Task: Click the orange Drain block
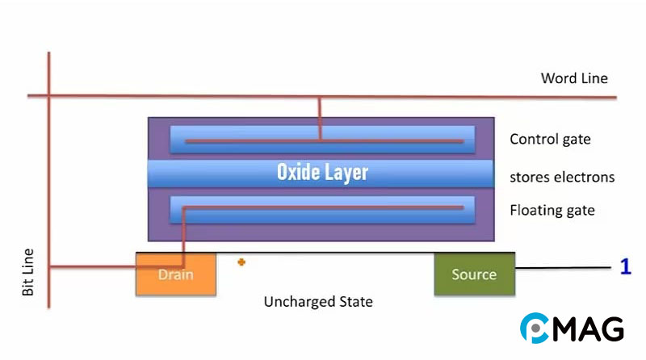click(175, 274)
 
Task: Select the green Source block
click(474, 274)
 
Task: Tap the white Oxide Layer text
click(322, 172)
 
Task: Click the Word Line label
click(574, 78)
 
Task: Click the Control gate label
click(550, 140)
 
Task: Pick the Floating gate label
click(552, 211)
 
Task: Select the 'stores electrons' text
click(562, 177)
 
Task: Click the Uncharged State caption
click(318, 302)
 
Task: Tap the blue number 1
click(625, 267)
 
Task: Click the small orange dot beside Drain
click(241, 262)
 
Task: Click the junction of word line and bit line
click(50, 96)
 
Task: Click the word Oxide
click(298, 172)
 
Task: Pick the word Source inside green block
click(474, 274)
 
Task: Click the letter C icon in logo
click(534, 328)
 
